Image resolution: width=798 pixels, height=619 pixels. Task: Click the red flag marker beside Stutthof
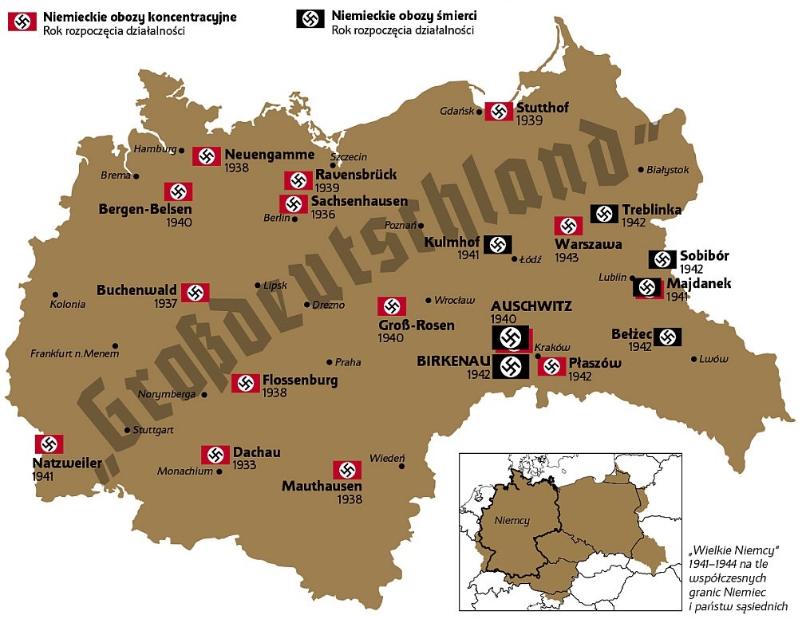499,112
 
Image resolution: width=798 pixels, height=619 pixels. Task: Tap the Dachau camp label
256,452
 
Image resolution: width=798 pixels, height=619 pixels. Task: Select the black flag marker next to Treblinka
604,214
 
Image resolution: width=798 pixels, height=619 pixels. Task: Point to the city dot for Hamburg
182,150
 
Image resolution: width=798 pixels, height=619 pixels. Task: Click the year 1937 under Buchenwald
166,304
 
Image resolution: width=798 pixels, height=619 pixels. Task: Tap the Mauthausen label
322,486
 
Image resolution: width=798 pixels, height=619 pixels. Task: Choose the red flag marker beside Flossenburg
246,383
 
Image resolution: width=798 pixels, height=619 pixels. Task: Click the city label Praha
348,362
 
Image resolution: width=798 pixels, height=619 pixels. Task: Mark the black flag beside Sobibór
662,259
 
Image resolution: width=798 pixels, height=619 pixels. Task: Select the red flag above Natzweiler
49,444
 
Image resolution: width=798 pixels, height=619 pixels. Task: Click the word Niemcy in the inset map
512,520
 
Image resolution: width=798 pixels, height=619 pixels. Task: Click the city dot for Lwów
692,359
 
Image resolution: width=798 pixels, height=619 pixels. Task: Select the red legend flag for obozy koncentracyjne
22,22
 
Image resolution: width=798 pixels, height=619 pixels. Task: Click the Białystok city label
668,170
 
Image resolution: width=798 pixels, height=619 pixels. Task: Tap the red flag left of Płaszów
551,366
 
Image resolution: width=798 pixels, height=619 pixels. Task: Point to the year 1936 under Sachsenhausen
323,215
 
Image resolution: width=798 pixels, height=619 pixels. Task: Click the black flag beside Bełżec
667,337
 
